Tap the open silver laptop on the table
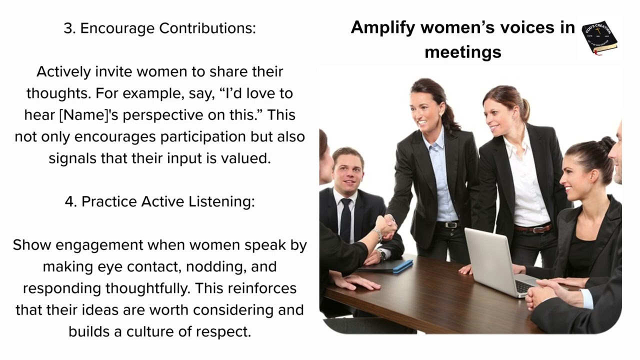[492, 260]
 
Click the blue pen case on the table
[402, 266]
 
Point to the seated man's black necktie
[345, 220]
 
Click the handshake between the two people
[386, 226]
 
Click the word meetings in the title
[462, 51]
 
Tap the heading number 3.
[68, 28]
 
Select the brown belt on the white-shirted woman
[533, 228]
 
